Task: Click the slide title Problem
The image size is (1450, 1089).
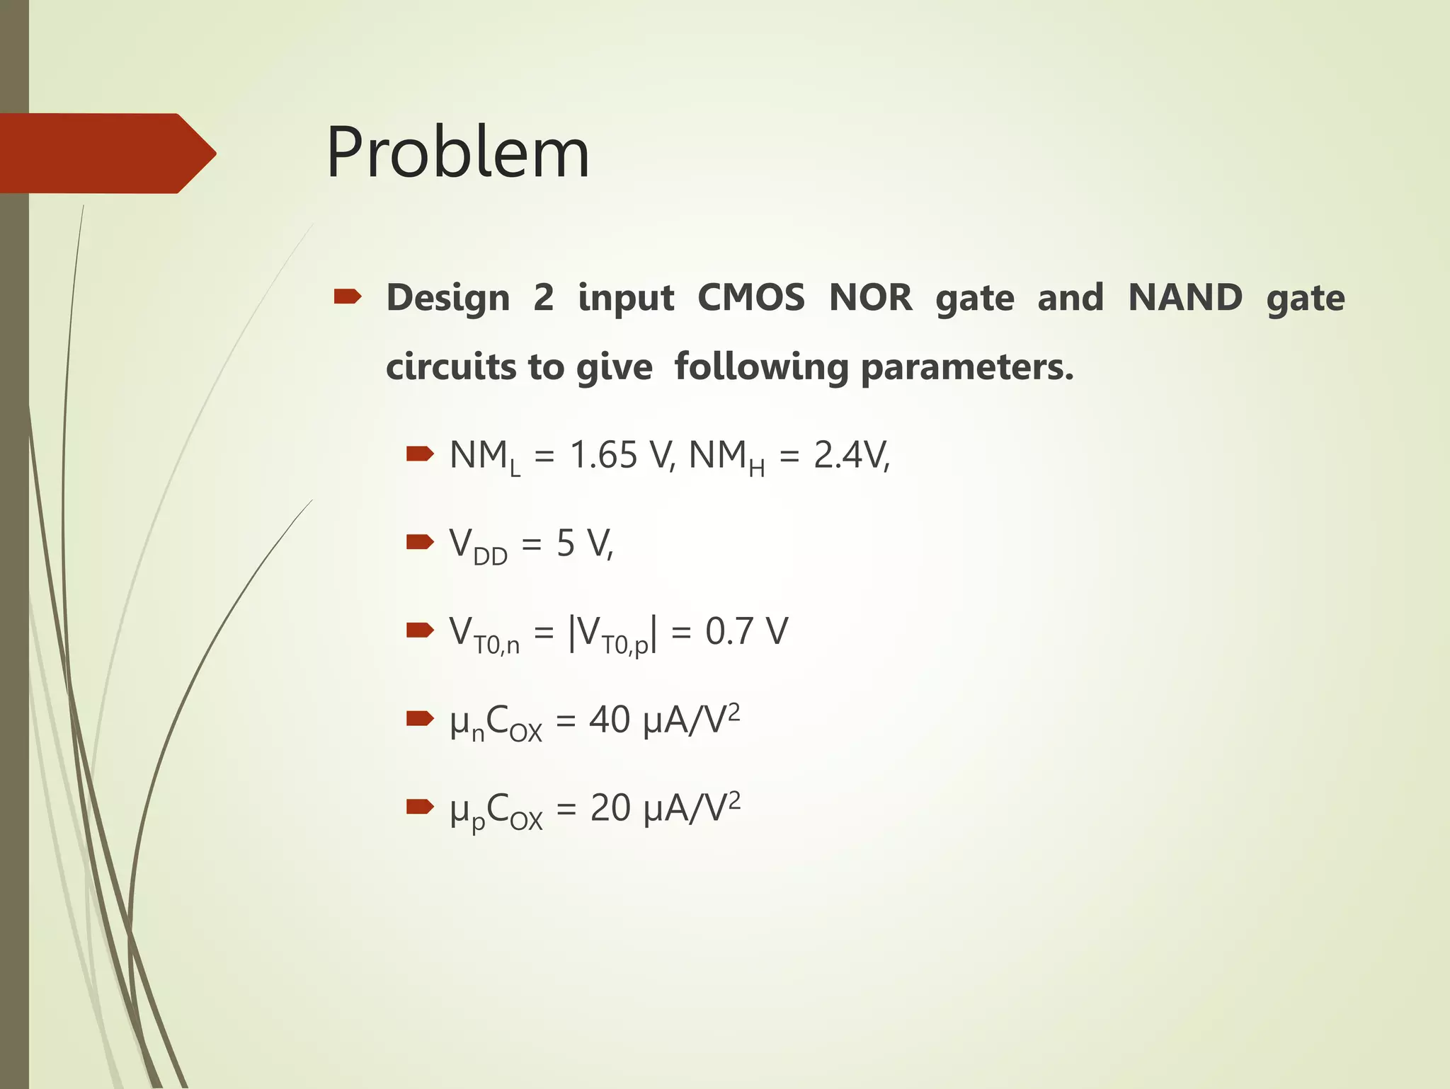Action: point(457,153)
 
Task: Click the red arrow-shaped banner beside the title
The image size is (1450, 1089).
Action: point(106,153)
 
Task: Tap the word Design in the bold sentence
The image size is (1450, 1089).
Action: point(447,298)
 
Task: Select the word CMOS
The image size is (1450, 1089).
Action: point(750,298)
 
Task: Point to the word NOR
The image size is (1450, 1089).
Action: point(870,298)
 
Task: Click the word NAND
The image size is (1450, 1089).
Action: point(1184,298)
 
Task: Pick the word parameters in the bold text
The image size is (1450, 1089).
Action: point(966,368)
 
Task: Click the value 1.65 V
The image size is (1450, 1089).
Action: point(620,456)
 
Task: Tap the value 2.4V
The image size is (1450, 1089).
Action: point(851,456)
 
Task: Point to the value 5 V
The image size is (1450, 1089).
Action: point(584,544)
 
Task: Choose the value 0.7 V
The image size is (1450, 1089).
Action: point(746,631)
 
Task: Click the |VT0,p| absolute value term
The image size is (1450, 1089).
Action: point(613,633)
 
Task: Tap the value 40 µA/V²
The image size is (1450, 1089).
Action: point(664,720)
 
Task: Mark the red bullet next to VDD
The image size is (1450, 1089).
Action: point(419,542)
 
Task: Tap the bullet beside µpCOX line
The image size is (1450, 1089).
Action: point(419,805)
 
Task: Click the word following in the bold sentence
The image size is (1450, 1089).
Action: point(762,368)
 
